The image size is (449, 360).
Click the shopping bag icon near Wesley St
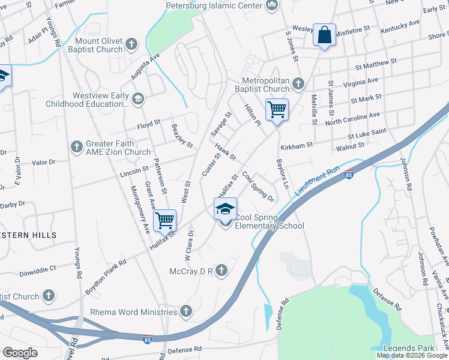[x=324, y=36]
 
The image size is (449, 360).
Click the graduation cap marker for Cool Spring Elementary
[x=225, y=209]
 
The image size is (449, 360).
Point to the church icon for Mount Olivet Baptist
[x=131, y=44]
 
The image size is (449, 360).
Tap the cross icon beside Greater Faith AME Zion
[x=76, y=146]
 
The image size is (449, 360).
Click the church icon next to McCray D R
[x=221, y=271]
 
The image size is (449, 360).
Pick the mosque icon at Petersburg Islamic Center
[x=271, y=6]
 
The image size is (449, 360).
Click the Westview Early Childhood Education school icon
[x=138, y=98]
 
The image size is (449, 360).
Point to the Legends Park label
[x=410, y=349]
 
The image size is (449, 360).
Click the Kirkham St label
[x=296, y=145]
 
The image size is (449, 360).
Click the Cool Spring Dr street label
[x=258, y=187]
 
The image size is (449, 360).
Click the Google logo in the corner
[x=20, y=353]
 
